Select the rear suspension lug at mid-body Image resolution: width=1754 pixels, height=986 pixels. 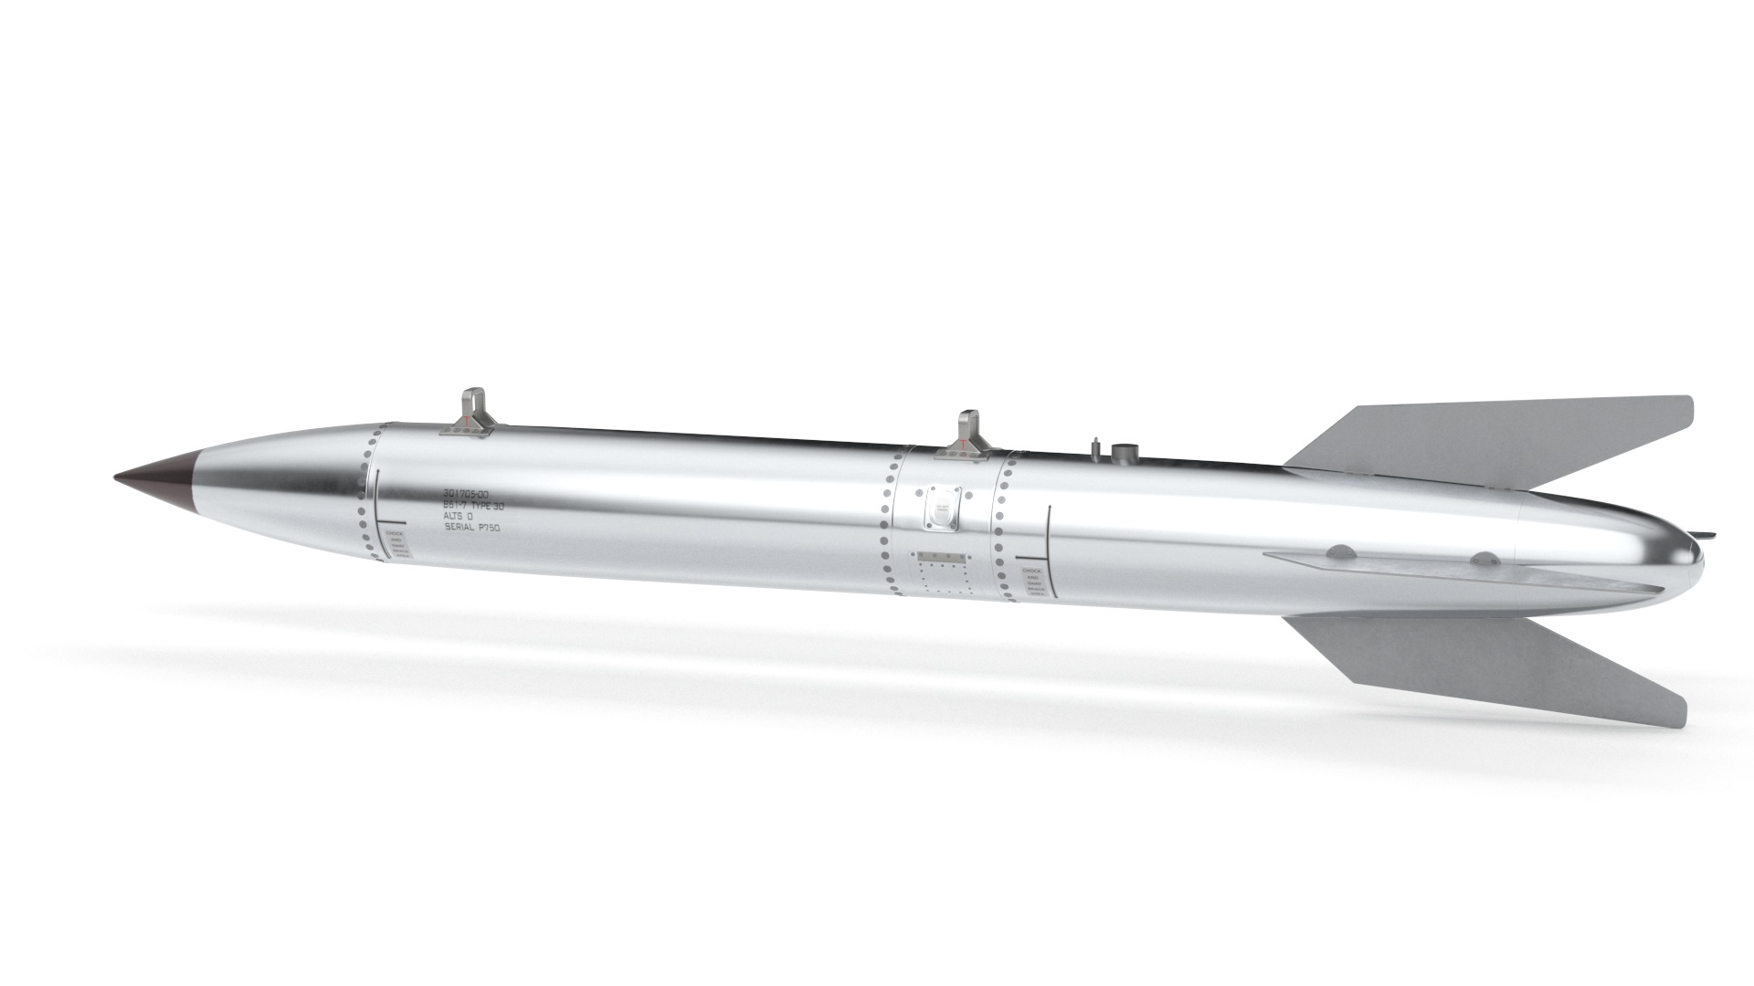click(x=968, y=431)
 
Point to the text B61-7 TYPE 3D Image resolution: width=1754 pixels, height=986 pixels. click(x=472, y=504)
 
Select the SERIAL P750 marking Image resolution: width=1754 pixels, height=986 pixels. click(x=471, y=528)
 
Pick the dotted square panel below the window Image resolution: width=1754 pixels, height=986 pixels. click(x=941, y=574)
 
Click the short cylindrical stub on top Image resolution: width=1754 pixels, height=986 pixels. click(x=1125, y=454)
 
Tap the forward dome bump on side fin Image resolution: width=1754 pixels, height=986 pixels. click(x=1340, y=551)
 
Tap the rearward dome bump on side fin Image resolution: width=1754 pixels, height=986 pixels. click(x=1485, y=556)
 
